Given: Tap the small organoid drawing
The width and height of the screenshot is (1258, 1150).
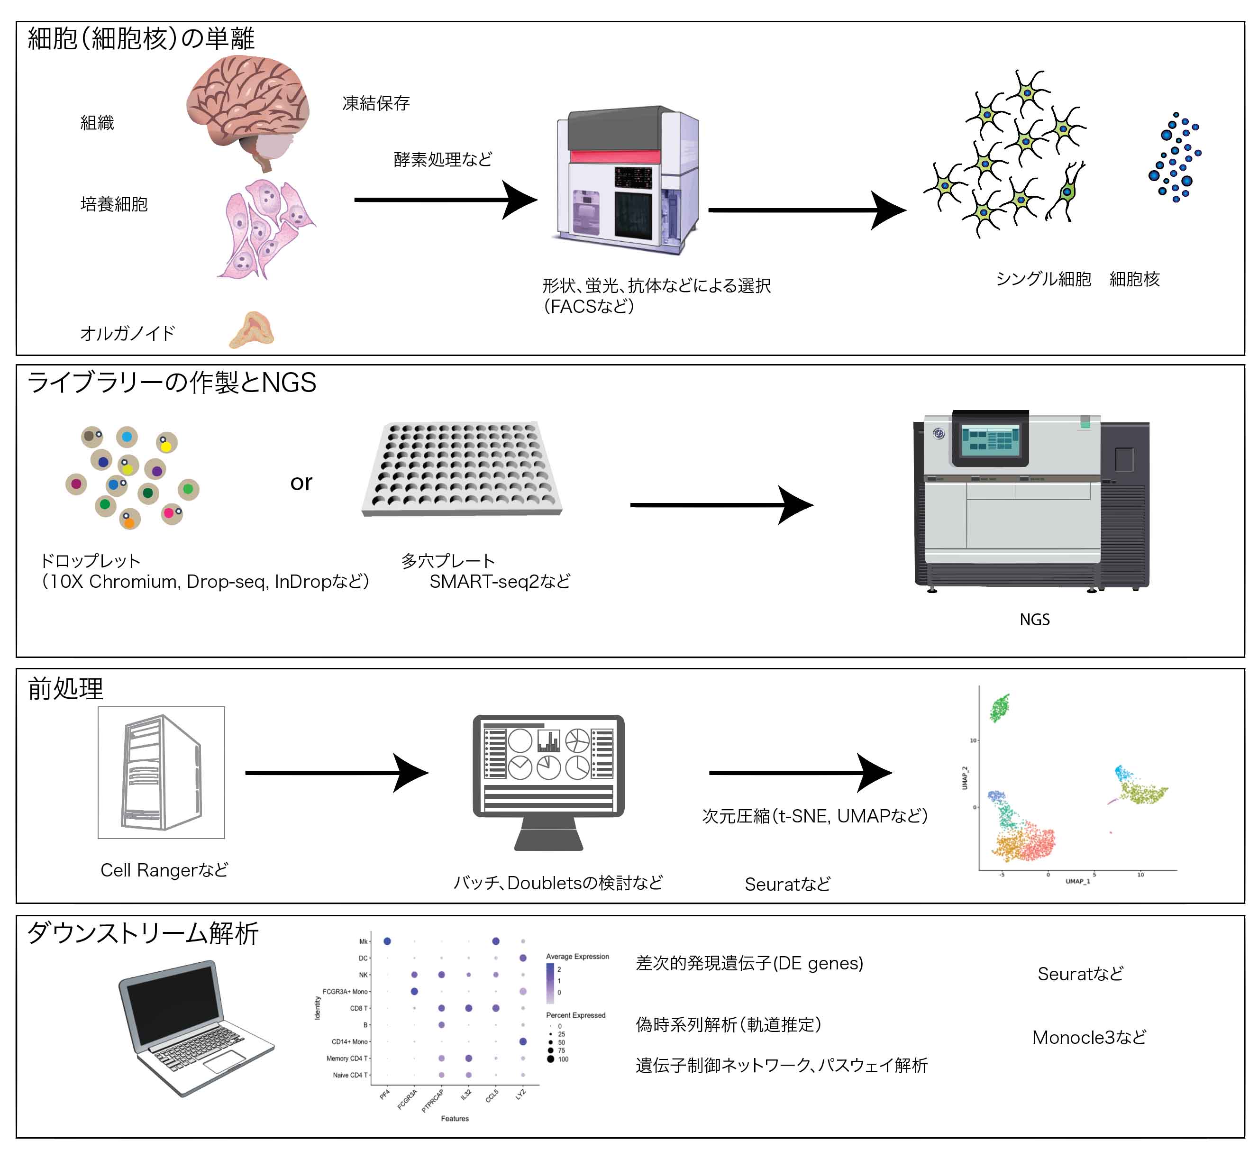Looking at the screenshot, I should [x=252, y=329].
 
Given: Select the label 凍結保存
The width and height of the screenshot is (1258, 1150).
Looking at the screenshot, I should [x=376, y=103].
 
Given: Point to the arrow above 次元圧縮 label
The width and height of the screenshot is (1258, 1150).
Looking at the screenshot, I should [x=800, y=773].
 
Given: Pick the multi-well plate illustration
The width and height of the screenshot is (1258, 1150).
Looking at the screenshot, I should [x=462, y=469].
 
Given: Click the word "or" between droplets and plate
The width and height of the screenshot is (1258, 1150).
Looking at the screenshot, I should [x=301, y=483].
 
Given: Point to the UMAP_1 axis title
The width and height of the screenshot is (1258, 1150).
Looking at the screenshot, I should [x=1078, y=881].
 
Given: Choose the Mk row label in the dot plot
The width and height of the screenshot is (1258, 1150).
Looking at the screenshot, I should [x=363, y=941].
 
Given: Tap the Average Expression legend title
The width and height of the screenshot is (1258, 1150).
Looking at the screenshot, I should [x=577, y=957].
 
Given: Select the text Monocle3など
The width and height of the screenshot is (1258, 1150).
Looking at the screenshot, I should [x=1089, y=1037].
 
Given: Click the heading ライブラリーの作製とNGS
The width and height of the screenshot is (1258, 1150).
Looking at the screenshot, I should [x=172, y=383].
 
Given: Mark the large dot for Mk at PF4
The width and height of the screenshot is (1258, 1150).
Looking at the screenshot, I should [x=387, y=941].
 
